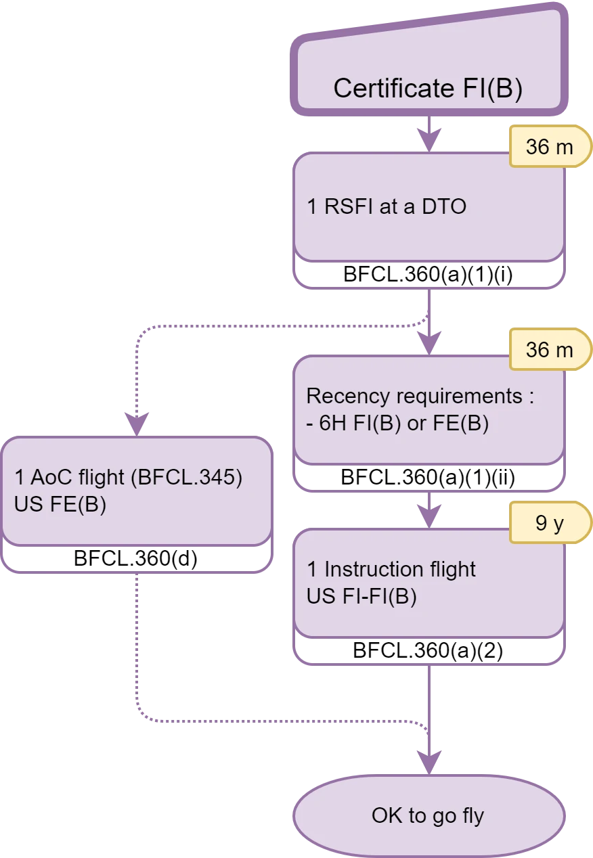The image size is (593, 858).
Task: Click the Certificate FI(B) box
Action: tap(429, 68)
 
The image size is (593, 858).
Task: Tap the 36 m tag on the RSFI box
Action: tap(549, 147)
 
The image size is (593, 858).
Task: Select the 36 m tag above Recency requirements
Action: tap(549, 350)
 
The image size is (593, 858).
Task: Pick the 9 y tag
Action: tap(549, 524)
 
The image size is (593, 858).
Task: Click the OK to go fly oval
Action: tap(429, 816)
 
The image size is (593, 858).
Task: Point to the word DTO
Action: tap(444, 206)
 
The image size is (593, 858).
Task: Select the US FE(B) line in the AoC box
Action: tap(60, 505)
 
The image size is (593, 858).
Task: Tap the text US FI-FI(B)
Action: tap(361, 597)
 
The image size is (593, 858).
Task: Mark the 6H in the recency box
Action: tap(331, 424)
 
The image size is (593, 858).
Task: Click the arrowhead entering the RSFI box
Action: tap(429, 141)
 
